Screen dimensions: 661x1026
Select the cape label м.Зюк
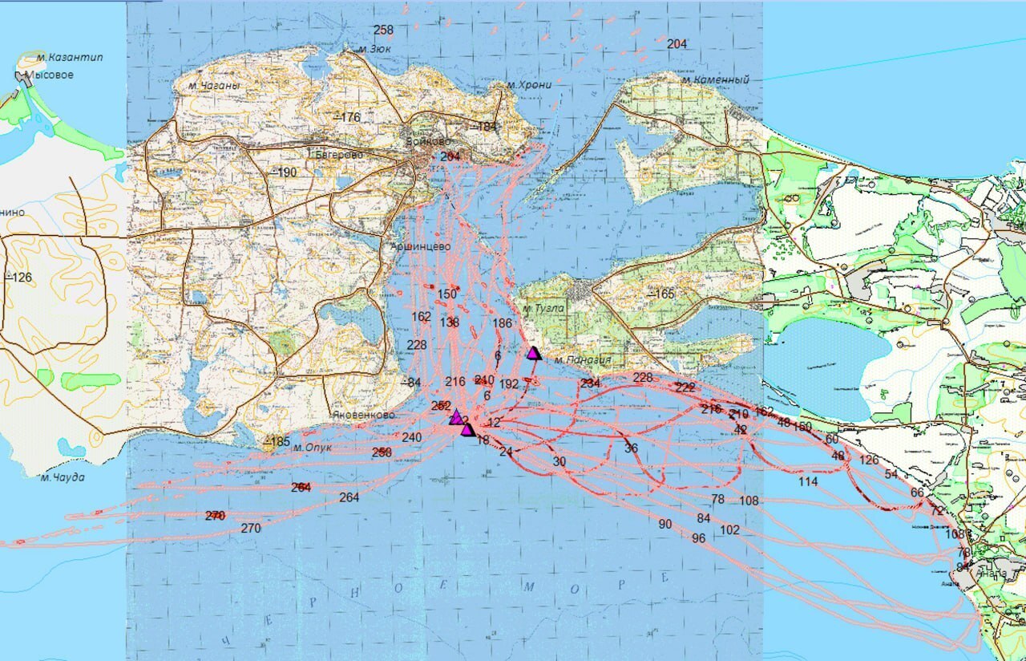pos(374,49)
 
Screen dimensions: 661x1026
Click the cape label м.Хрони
pos(529,85)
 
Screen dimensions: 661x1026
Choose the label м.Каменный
pos(715,80)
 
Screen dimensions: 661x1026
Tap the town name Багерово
pos(339,154)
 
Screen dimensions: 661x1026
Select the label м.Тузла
pos(543,308)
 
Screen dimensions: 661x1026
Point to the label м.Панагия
pos(582,360)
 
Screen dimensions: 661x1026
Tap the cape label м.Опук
pos(312,448)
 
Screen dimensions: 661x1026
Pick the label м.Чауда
pos(63,477)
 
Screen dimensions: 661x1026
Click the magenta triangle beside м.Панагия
pos(533,353)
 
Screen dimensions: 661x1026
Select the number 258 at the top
pos(384,30)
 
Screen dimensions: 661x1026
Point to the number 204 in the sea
pos(677,44)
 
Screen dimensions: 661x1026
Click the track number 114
pos(808,482)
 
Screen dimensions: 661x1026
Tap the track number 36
pos(632,448)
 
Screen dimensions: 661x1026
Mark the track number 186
pos(502,324)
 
